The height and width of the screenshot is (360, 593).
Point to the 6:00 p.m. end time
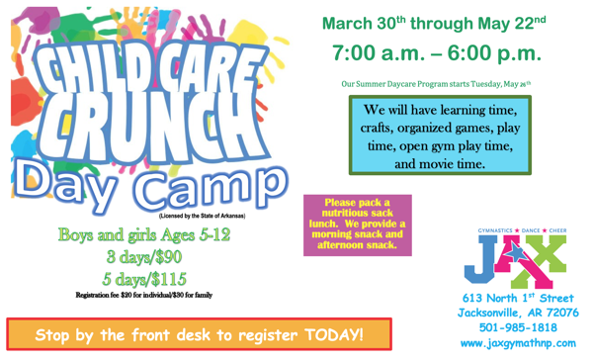(494, 50)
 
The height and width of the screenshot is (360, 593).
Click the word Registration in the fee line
(98, 295)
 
